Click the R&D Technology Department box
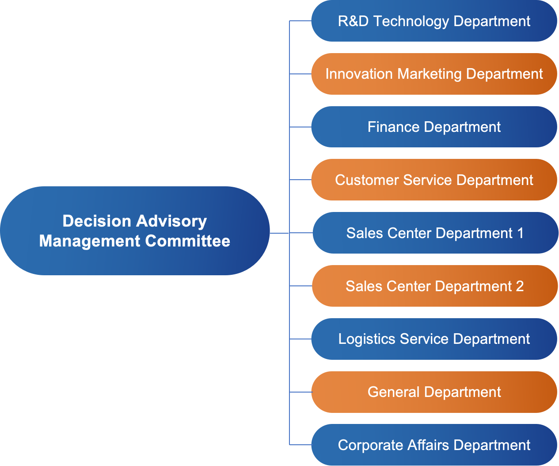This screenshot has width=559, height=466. (434, 21)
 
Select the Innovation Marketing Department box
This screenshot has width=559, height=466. (434, 74)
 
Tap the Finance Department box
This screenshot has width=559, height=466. (434, 127)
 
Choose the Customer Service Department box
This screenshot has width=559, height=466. (434, 180)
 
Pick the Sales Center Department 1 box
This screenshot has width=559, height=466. (435, 233)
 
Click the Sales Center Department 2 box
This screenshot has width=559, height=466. (435, 286)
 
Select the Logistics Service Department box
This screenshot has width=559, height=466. (434, 339)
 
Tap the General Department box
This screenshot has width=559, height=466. (434, 392)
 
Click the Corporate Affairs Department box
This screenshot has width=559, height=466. (434, 445)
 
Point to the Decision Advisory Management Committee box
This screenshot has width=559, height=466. (135, 231)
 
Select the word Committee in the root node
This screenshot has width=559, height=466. (187, 241)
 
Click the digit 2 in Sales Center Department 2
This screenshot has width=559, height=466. (520, 286)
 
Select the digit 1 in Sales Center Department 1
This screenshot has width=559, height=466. (520, 233)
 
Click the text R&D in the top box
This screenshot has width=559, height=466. (353, 21)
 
